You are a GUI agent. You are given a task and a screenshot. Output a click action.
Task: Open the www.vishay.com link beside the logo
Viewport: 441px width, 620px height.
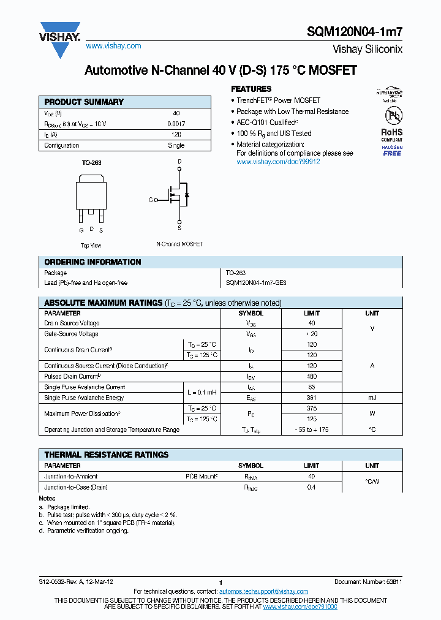click(113, 46)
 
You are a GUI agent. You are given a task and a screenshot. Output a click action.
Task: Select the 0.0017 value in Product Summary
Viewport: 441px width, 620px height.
click(176, 124)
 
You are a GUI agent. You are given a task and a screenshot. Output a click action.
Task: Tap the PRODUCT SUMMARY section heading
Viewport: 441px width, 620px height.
click(84, 102)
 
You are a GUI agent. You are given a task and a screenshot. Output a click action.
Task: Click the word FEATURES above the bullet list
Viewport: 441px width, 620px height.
click(251, 89)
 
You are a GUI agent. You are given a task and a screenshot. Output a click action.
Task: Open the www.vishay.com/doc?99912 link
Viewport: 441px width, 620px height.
click(278, 162)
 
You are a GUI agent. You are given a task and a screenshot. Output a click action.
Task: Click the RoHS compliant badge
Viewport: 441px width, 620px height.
click(391, 134)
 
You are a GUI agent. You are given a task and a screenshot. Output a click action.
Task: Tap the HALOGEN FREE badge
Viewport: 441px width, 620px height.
click(392, 151)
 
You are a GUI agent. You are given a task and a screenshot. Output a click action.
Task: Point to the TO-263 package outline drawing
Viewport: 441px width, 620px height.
click(91, 195)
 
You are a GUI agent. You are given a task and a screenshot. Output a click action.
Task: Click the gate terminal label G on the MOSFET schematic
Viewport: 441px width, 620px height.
click(151, 200)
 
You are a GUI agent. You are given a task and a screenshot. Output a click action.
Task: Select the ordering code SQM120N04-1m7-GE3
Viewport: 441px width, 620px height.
click(255, 283)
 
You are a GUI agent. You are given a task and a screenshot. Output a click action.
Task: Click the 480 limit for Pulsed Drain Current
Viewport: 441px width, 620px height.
click(311, 376)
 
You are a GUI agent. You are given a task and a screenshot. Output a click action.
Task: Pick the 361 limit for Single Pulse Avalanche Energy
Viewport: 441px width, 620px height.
click(311, 398)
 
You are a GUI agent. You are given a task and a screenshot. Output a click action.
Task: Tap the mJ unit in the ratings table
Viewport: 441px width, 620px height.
click(372, 398)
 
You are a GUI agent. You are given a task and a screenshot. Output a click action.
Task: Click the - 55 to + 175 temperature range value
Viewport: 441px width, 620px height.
click(311, 429)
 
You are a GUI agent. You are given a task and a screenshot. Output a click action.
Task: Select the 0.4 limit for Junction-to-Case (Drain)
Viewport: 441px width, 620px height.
click(311, 487)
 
